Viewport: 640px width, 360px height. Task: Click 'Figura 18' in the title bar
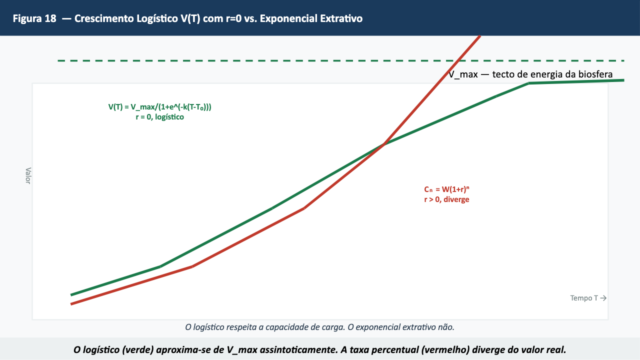pyautogui.click(x=34, y=18)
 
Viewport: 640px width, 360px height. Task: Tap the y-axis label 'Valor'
pyautogui.click(x=28, y=175)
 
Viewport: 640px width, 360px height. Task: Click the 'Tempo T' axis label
pyautogui.click(x=584, y=298)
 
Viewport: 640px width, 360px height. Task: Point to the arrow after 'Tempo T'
pyautogui.click(x=603, y=298)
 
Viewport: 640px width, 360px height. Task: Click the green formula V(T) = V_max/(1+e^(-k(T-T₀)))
pyautogui.click(x=159, y=107)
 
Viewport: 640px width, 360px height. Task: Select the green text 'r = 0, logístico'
pyautogui.click(x=159, y=117)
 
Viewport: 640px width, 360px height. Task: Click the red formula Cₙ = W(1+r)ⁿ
pyautogui.click(x=446, y=189)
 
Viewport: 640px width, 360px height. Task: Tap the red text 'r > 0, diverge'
pyautogui.click(x=446, y=199)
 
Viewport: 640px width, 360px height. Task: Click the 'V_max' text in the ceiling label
pyautogui.click(x=463, y=74)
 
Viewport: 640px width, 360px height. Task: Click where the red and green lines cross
pyautogui.click(x=382, y=145)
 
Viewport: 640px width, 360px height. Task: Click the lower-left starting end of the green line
pyautogui.click(x=71, y=294)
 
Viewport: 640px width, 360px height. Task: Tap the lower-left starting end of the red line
pyautogui.click(x=71, y=304)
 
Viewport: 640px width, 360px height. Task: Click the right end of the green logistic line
pyautogui.click(x=623, y=80)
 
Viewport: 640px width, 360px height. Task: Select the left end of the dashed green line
pyautogui.click(x=58, y=61)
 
